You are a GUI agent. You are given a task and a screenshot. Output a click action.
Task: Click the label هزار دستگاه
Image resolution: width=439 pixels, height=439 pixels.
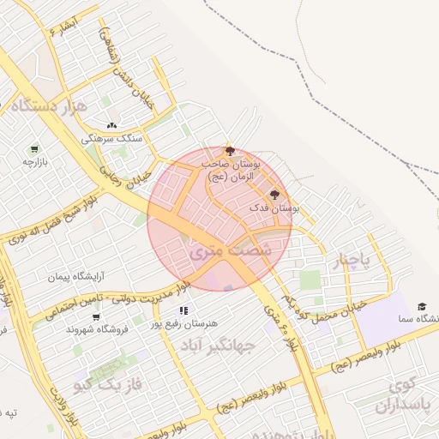pyautogui.click(x=50, y=106)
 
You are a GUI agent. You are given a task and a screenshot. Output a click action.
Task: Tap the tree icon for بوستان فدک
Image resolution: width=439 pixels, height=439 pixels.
pyautogui.click(x=274, y=195)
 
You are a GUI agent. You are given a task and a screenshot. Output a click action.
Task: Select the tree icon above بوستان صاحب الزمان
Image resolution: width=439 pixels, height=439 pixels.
pyautogui.click(x=229, y=150)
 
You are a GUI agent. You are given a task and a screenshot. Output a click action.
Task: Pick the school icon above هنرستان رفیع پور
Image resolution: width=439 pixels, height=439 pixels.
pyautogui.click(x=183, y=310)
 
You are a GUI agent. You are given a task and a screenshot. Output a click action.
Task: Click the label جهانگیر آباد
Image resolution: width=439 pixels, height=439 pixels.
pyautogui.click(x=219, y=346)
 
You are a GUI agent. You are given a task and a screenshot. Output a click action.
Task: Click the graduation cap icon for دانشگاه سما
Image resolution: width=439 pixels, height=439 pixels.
pyautogui.click(x=422, y=306)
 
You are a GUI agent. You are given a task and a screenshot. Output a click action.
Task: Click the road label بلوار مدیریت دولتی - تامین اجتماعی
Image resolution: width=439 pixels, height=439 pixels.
pyautogui.click(x=116, y=301)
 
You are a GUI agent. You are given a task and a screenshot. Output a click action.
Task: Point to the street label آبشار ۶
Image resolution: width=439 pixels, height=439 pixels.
pyautogui.click(x=64, y=27)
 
